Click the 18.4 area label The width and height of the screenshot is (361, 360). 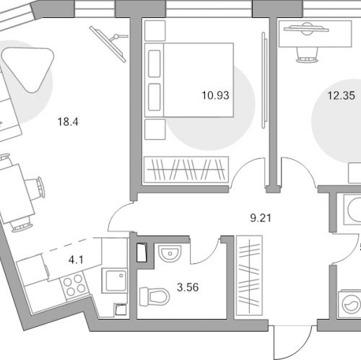[68, 122]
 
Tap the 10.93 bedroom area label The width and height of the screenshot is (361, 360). [215, 95]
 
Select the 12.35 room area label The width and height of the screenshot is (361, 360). [342, 95]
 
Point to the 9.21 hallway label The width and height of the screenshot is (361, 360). [261, 218]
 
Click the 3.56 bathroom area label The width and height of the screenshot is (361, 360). [188, 287]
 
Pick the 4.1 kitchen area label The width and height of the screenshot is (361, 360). [76, 260]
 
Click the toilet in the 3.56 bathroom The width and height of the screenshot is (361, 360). [155, 297]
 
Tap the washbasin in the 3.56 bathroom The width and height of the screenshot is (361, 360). [170, 253]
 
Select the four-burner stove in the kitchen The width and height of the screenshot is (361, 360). [74, 285]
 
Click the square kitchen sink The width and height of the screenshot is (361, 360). [114, 281]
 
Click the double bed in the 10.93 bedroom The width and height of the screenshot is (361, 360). [189, 80]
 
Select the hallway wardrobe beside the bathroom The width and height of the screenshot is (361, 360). [249, 276]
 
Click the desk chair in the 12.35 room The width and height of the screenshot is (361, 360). [306, 55]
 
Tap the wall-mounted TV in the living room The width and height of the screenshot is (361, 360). [108, 44]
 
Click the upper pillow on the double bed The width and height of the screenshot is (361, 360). [155, 63]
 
